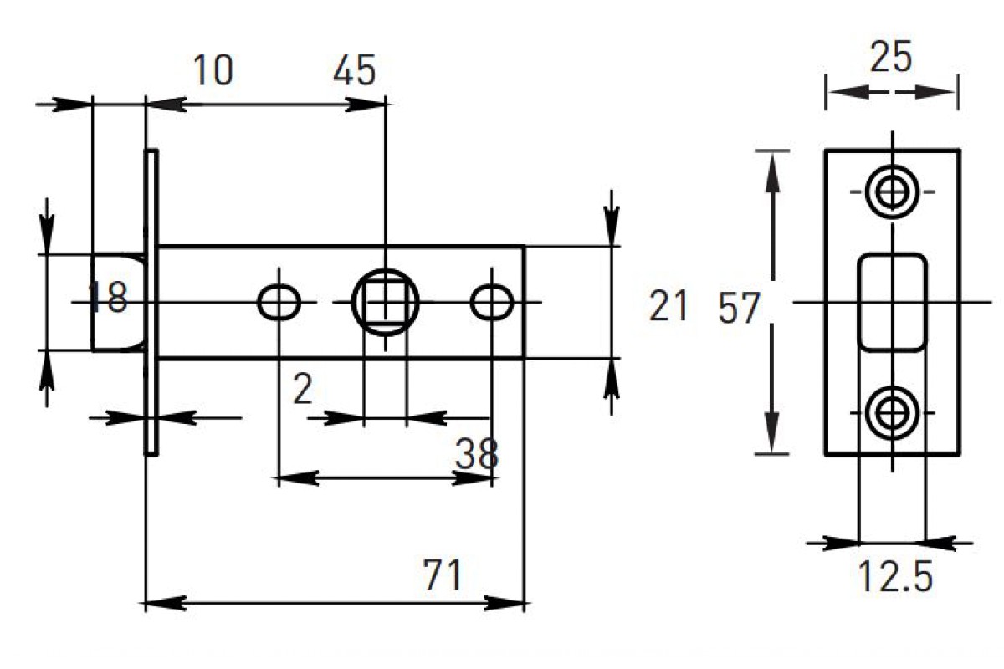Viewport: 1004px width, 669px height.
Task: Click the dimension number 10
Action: click(x=213, y=71)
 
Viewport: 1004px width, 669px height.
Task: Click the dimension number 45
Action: click(x=354, y=71)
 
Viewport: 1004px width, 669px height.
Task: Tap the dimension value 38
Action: click(x=477, y=455)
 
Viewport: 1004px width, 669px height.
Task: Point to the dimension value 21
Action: click(x=668, y=306)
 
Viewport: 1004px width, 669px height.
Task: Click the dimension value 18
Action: click(x=109, y=298)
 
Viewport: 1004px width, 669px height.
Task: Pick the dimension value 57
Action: click(x=739, y=309)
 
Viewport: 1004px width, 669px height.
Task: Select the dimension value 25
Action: click(x=891, y=59)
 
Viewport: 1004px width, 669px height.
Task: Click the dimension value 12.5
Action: click(x=895, y=577)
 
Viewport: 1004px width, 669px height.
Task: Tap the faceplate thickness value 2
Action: click(x=303, y=390)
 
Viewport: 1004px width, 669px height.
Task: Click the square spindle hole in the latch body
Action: click(x=385, y=302)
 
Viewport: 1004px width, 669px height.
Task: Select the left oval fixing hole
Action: click(x=279, y=302)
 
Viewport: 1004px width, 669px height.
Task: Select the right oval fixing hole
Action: click(x=491, y=302)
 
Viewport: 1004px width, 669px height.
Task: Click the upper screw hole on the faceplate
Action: click(x=892, y=191)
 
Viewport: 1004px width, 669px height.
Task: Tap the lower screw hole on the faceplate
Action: click(x=892, y=411)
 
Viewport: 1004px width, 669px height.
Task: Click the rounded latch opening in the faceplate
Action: click(x=892, y=301)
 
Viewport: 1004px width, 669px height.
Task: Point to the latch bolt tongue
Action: click(x=117, y=302)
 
